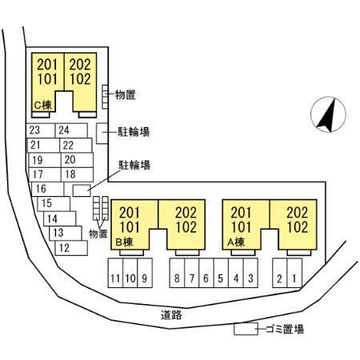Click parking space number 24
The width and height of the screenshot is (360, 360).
71,130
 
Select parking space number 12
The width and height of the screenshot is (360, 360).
71,248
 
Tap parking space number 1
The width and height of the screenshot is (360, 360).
294,273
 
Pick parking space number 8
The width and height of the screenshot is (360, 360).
177,273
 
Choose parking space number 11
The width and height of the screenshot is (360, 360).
115,273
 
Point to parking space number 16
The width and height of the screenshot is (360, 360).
48,189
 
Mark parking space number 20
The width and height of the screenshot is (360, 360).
77,160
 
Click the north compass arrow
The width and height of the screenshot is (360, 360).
327,115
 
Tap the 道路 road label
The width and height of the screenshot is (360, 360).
171,315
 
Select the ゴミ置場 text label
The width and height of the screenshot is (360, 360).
285,329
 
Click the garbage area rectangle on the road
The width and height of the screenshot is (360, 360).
246,329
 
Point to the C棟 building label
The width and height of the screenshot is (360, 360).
43,106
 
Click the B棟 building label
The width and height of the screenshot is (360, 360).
124,242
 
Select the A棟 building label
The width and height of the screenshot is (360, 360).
236,242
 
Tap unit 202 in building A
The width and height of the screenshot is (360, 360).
298,213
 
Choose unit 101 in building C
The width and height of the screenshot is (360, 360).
47,79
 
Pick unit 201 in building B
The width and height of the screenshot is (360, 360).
130,213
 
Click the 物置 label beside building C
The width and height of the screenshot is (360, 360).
126,94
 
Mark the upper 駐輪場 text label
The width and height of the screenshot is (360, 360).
134,132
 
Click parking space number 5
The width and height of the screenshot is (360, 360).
221,273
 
